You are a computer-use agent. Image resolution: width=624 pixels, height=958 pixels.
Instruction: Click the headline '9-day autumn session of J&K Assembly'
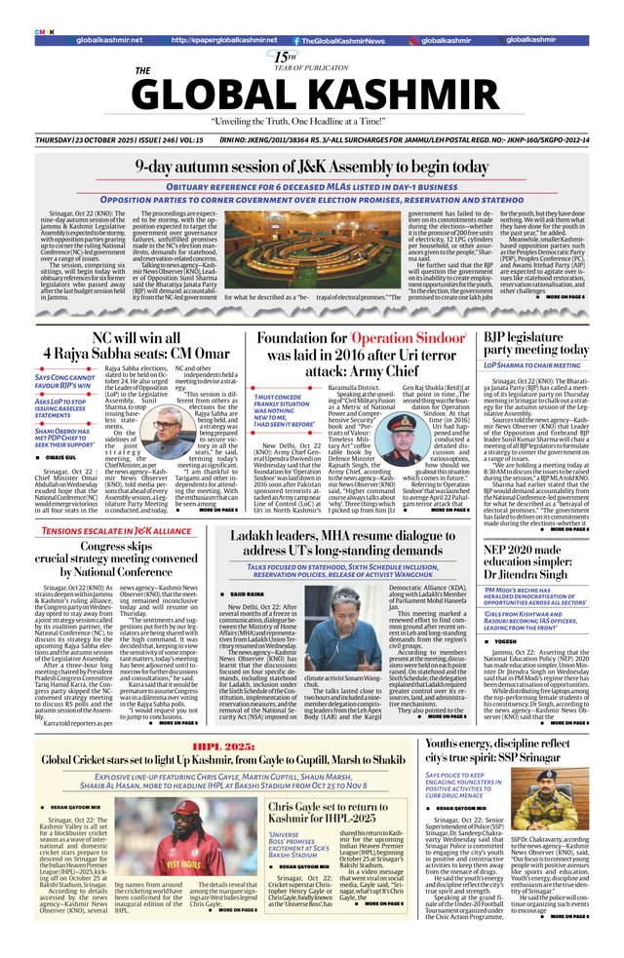[311, 167]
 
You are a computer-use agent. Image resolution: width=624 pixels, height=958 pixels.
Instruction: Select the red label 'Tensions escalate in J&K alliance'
[115, 530]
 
